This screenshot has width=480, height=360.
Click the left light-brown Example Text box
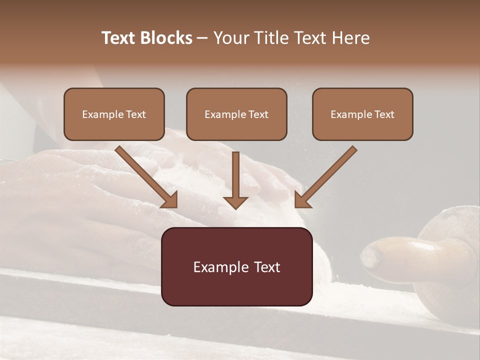(114, 114)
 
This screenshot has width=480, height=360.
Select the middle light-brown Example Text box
(236, 114)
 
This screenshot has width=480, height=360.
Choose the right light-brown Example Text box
(362, 114)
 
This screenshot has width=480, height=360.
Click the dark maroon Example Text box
(236, 266)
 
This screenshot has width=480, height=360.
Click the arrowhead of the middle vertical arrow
(236, 202)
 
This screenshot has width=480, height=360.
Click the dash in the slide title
(202, 38)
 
